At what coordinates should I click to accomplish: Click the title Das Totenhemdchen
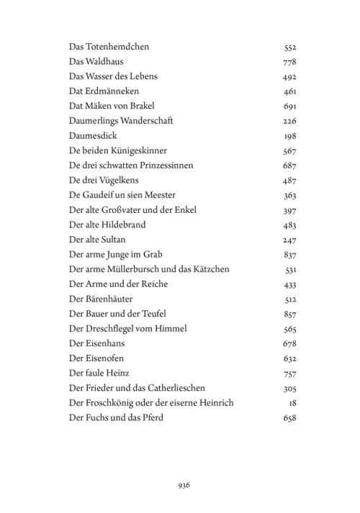click(x=109, y=47)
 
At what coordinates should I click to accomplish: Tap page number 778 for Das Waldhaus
click(x=289, y=63)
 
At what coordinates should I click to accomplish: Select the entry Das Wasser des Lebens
click(x=113, y=76)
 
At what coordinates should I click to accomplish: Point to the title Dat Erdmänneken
click(x=104, y=91)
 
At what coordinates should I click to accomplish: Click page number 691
click(x=289, y=106)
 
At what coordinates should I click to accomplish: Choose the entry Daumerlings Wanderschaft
click(x=121, y=121)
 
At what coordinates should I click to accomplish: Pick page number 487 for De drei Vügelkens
click(x=289, y=181)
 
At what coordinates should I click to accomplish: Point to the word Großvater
click(x=123, y=210)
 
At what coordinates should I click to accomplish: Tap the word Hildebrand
click(x=123, y=224)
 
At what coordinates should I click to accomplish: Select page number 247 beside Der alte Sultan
click(x=289, y=240)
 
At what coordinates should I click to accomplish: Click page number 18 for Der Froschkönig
click(x=292, y=403)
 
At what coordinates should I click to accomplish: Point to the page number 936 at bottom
click(x=183, y=485)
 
